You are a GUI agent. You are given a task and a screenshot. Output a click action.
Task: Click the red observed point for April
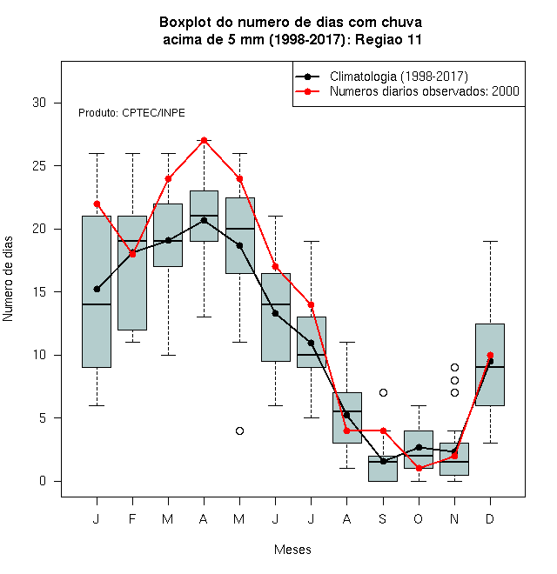tap(205, 141)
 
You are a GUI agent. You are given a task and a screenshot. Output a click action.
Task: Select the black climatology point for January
tap(97, 290)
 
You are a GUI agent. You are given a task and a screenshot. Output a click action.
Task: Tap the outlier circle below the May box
tap(239, 430)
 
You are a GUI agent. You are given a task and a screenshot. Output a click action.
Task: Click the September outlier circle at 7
tap(383, 393)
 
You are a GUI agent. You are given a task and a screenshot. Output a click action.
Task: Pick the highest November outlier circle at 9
tap(454, 368)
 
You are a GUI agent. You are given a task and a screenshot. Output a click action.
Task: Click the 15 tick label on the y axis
tap(39, 292)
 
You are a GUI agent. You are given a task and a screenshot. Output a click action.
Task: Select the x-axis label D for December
tap(490, 518)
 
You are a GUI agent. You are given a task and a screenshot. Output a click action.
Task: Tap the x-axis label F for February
tap(132, 518)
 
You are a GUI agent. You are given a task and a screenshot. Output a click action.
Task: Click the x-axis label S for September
tap(383, 518)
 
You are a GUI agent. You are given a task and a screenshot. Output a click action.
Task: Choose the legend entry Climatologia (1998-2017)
tap(399, 77)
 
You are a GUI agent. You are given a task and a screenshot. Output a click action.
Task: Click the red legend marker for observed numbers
tap(308, 91)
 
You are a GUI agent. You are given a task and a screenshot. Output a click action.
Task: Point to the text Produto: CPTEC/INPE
tap(131, 113)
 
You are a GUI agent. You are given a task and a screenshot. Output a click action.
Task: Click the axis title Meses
tap(292, 550)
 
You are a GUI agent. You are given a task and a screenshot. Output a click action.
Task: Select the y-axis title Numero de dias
tap(8, 279)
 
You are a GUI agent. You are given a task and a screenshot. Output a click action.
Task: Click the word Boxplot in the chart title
tap(185, 23)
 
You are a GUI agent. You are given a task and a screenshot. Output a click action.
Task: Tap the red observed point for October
tap(419, 468)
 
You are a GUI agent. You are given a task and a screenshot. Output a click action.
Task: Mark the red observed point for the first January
tap(97, 204)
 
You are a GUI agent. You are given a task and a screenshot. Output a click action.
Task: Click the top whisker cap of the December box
tap(490, 242)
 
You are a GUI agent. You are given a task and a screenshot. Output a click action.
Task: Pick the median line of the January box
tap(97, 304)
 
